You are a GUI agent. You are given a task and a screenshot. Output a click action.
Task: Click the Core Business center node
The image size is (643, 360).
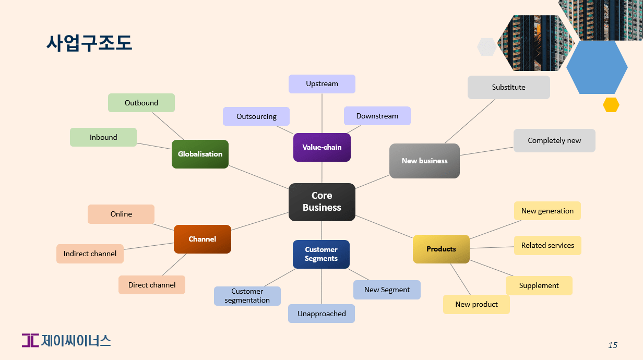(x=321, y=202)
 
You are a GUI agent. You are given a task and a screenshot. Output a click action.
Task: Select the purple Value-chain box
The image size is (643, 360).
(x=321, y=147)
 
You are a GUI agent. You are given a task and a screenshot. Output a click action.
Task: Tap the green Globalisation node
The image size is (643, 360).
(x=200, y=154)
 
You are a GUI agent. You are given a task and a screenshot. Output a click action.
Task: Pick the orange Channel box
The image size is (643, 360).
(x=202, y=239)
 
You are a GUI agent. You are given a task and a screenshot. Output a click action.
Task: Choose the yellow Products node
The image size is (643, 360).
(x=441, y=249)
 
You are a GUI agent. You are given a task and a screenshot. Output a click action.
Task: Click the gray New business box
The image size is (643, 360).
(x=424, y=161)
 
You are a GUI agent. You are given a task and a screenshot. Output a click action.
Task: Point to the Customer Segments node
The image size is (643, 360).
(x=321, y=254)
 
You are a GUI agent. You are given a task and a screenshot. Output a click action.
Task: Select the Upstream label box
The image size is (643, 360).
(x=321, y=83)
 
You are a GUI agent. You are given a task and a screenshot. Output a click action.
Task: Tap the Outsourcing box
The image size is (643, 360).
(x=256, y=116)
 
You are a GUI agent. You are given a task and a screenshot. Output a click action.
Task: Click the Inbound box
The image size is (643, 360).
(x=103, y=137)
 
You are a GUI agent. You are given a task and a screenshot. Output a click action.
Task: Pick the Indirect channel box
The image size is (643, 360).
(x=90, y=254)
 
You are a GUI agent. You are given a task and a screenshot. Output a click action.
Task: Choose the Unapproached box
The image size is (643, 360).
(x=321, y=314)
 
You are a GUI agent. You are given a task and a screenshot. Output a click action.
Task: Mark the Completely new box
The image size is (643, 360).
(x=554, y=140)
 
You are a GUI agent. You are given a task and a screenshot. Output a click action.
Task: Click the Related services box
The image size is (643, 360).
(x=547, y=245)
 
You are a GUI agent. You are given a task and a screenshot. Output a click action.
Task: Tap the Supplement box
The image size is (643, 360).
(x=539, y=285)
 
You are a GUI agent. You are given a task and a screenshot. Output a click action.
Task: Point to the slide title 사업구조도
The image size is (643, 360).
(x=89, y=43)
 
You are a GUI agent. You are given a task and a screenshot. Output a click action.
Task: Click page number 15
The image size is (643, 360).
(x=613, y=345)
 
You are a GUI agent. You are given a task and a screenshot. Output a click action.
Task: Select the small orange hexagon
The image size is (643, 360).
(x=611, y=105)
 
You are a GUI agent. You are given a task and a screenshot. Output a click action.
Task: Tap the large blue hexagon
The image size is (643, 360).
(x=597, y=67)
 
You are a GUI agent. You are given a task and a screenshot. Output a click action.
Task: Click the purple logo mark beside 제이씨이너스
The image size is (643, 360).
(x=30, y=340)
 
